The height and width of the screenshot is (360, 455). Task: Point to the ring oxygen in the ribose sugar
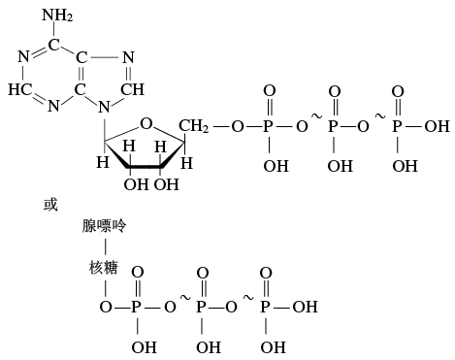point(145,122)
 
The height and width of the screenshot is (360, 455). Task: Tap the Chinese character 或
point(51,205)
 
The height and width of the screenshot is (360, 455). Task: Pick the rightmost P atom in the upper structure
point(398,126)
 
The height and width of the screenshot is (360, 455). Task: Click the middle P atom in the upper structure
point(336,126)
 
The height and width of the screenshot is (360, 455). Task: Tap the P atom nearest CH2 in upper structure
point(270,126)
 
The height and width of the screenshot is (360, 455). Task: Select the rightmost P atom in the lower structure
point(265,308)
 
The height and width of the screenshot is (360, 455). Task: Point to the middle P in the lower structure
point(202,308)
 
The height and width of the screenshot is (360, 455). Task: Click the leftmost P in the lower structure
point(137,308)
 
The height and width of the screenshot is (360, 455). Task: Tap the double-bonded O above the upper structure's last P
point(398,92)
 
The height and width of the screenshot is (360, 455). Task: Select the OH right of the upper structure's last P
point(438,126)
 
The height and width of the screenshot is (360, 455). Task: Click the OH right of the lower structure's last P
point(305,308)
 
